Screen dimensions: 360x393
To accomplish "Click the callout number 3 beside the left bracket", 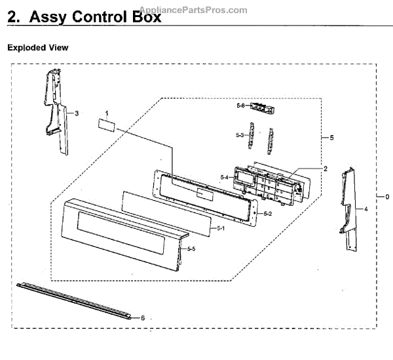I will (77, 113).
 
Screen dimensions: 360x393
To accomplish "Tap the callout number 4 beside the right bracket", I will (366, 209).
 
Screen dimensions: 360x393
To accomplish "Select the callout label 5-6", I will (240, 105).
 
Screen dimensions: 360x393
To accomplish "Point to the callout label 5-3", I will (240, 135).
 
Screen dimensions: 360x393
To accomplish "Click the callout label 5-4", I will (224, 177).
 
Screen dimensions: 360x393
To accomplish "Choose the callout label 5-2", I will (267, 214).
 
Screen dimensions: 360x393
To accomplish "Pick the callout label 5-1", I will (221, 228).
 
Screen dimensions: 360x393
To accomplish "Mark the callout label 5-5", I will (191, 249).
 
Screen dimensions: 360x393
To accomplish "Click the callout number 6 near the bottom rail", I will (142, 317).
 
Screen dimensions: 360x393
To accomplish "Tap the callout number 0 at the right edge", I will (387, 196).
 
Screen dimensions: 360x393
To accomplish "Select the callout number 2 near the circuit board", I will (325, 169).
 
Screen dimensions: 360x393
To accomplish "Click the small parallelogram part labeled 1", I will (107, 125).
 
